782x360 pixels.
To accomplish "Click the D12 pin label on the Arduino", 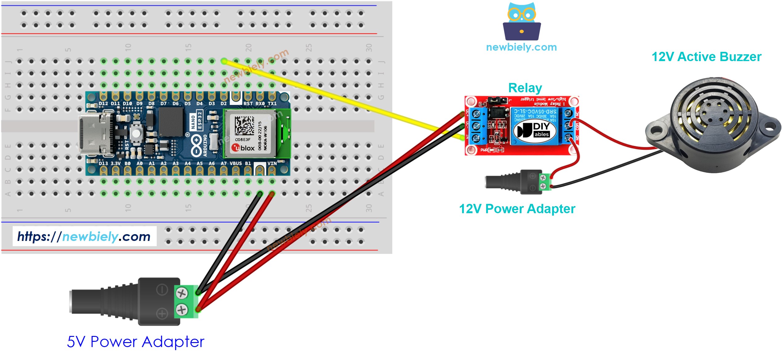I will [x=103, y=104].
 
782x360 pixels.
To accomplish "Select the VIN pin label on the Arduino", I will [x=272, y=163].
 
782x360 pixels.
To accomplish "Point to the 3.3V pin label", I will [x=115, y=163].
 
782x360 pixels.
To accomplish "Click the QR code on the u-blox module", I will [x=244, y=125].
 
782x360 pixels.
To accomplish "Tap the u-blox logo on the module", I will [x=243, y=148].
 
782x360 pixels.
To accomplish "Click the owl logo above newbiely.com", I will [x=521, y=22].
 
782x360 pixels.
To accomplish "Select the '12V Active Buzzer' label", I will [x=706, y=57].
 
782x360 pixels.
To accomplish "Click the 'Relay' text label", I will [x=525, y=88].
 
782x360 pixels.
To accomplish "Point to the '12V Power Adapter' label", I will [x=517, y=209].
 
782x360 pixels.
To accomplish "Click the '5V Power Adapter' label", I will [x=136, y=342].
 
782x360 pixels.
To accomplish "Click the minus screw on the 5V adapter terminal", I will [x=181, y=293].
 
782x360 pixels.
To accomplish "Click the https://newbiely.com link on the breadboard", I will [x=84, y=237].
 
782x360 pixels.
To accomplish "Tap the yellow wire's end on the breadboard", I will [x=224, y=61].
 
